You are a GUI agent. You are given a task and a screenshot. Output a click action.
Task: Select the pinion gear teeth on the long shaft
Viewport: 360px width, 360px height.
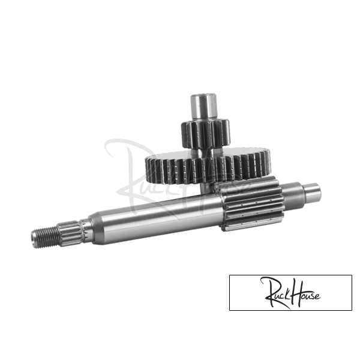click(251, 202)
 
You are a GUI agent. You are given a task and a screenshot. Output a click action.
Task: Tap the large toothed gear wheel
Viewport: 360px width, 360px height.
click(208, 166)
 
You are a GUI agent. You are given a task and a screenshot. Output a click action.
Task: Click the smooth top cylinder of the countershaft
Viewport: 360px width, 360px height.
click(203, 107)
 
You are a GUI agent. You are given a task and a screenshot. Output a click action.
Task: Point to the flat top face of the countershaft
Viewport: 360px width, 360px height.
click(204, 95)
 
